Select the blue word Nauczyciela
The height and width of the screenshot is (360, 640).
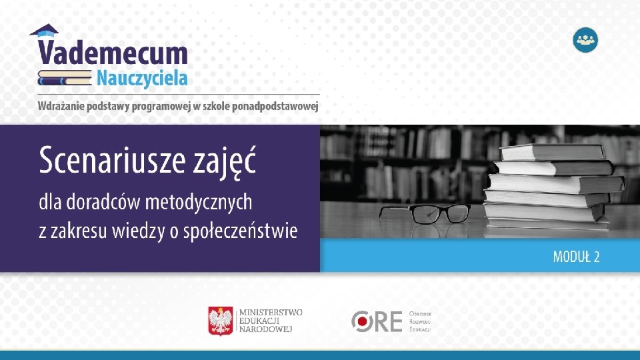coord(141,78)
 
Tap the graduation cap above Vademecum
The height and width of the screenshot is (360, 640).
coord(44,30)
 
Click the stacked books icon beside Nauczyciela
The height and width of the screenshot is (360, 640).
coord(65,77)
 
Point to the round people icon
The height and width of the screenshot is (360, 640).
coord(585,39)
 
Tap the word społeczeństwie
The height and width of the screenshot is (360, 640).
coord(249,231)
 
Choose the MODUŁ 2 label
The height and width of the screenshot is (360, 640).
coord(576,257)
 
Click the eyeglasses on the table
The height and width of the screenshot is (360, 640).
coord(424,213)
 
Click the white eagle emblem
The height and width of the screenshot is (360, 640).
coord(221,321)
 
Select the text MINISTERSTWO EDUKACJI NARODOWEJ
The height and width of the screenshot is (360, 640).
coord(270,321)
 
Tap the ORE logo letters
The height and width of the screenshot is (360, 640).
coord(377,321)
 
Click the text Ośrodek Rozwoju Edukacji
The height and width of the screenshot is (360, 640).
coord(420,321)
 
